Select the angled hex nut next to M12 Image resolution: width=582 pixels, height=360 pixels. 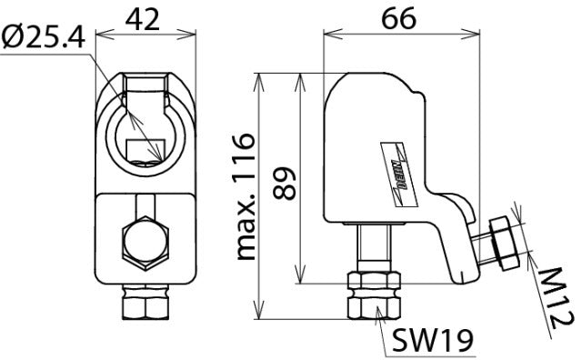pos(501,239)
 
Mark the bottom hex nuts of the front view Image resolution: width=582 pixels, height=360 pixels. pos(146,304)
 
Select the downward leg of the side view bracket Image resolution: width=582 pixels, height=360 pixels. pos(459,250)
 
